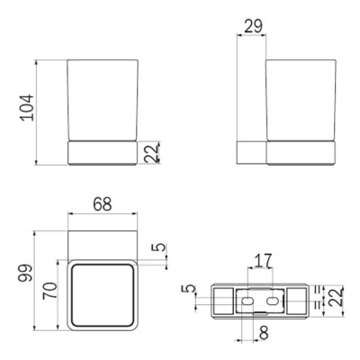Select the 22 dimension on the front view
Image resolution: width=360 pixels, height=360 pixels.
click(x=152, y=153)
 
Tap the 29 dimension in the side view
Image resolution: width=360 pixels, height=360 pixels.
click(x=252, y=27)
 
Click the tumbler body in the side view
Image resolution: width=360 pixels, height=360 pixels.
click(x=302, y=99)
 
